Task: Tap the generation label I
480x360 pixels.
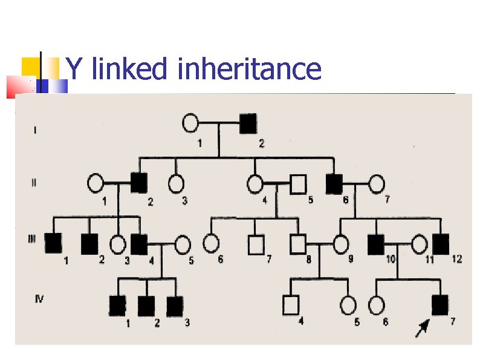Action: [x=34, y=129]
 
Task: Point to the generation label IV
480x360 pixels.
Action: [x=39, y=298]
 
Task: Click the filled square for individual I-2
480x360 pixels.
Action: [x=248, y=124]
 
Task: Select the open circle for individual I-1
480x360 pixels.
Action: [x=190, y=124]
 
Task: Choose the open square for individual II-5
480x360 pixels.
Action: [x=297, y=182]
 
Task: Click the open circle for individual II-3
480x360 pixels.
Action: [x=176, y=182]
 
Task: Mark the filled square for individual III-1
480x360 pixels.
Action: [x=53, y=243]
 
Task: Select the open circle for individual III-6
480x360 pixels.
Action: [x=211, y=243]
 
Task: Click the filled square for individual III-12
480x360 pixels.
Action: [x=441, y=243]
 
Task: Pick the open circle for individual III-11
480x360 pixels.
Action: [x=420, y=244]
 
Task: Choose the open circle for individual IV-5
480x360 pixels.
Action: [x=348, y=306]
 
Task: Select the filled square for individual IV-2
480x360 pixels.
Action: [x=146, y=306]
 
